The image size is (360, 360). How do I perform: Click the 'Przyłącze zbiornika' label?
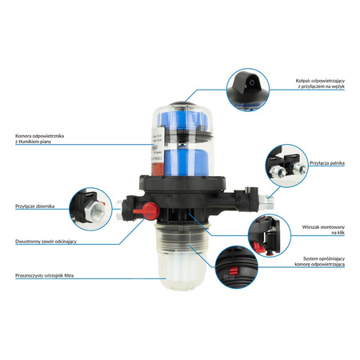[x=33, y=206]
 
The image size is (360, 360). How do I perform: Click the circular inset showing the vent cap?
[x=250, y=88]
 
